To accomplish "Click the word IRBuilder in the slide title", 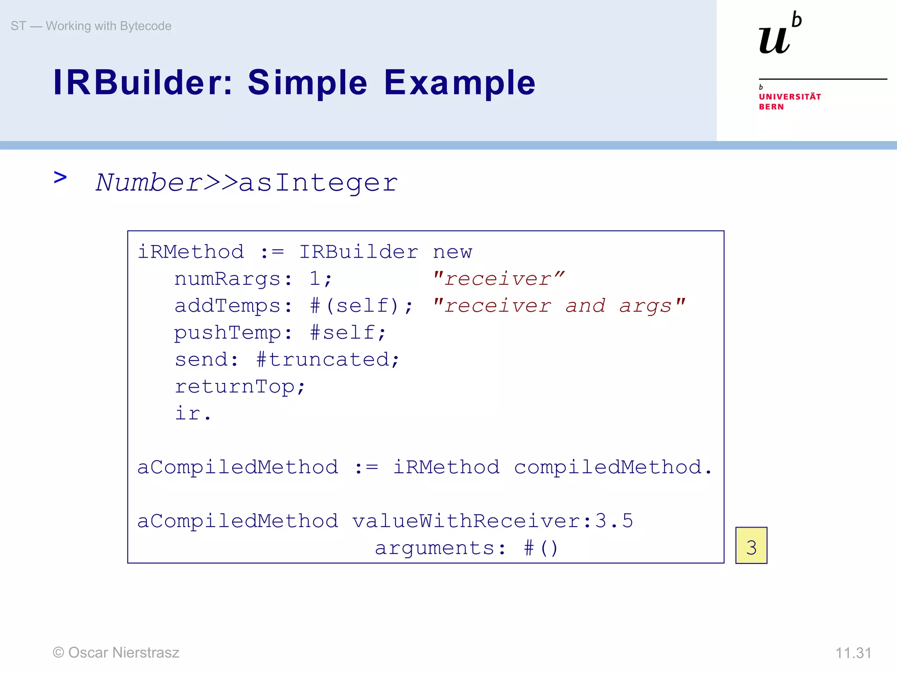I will click(143, 82).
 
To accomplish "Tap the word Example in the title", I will click(459, 83).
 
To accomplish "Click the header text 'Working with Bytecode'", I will click(108, 26).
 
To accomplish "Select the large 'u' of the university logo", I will click(774, 41).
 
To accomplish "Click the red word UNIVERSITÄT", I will click(790, 97).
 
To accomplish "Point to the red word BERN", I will click(771, 107).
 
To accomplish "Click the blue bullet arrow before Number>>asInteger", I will click(60, 178).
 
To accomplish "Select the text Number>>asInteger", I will click(247, 183).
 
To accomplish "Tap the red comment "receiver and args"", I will click(558, 306).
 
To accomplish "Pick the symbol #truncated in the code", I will click(322, 360).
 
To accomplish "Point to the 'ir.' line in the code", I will click(193, 414).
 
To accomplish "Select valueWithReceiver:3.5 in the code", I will click(492, 521).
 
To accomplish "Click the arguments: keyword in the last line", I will click(440, 548).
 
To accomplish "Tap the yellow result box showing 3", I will click(751, 546).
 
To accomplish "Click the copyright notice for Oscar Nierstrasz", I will click(116, 652).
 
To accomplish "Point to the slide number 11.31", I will click(853, 653).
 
